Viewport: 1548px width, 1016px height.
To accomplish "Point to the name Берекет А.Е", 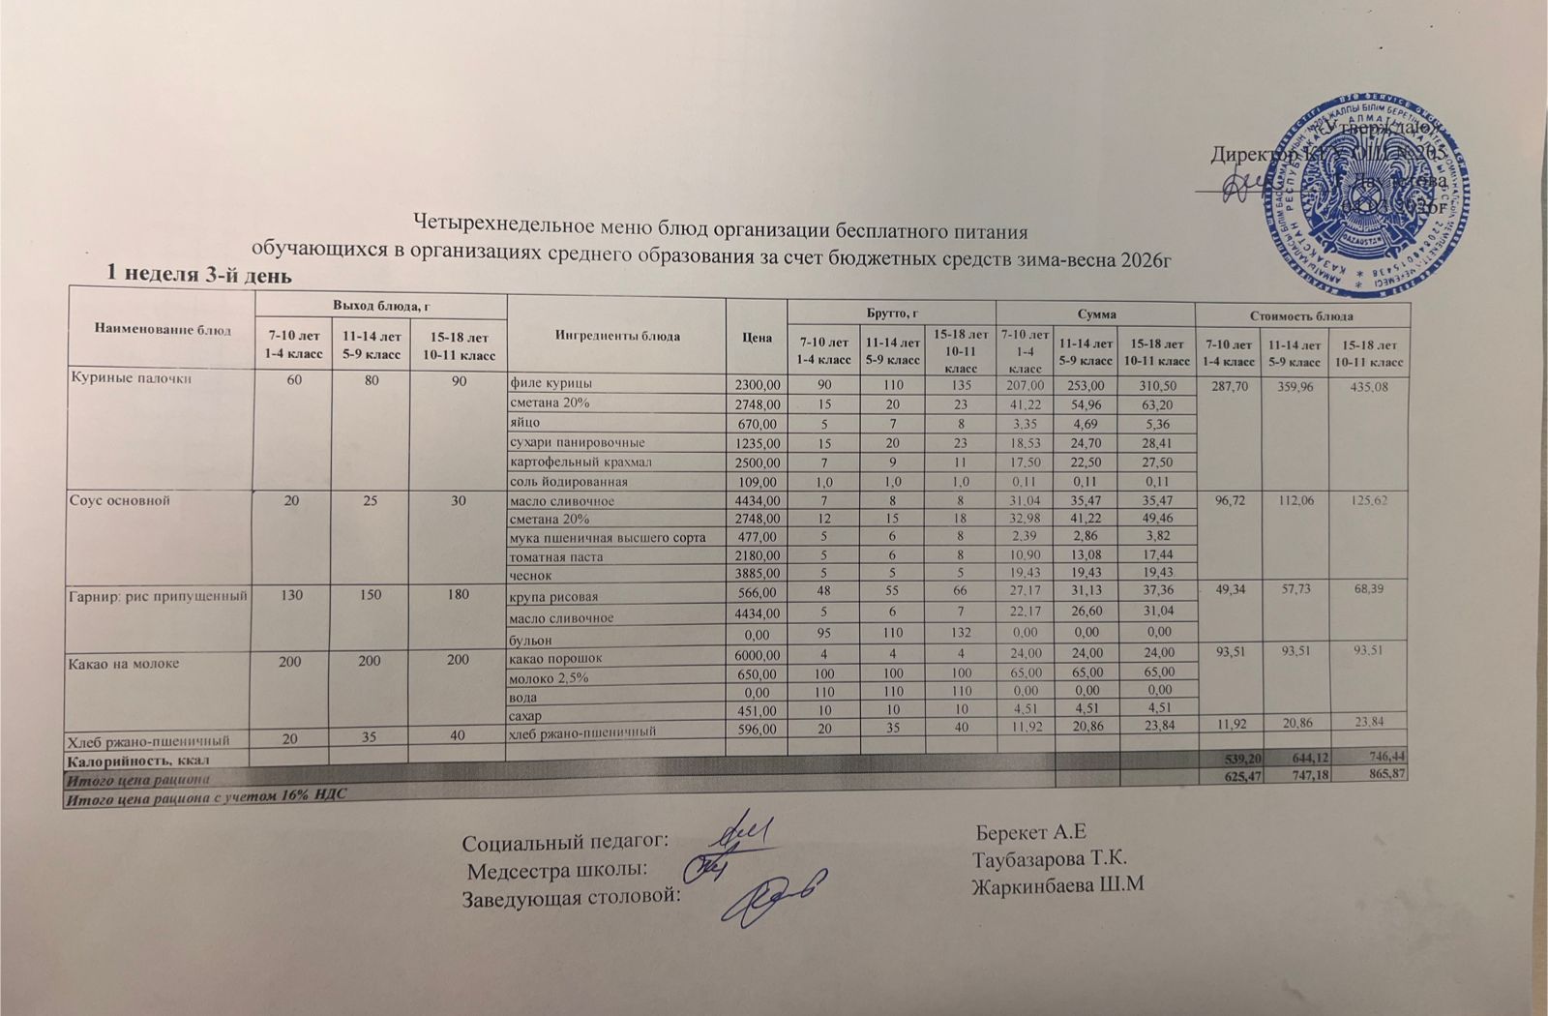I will [1031, 833].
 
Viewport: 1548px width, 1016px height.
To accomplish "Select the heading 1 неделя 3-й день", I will [197, 275].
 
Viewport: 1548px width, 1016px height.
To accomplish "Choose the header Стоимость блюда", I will [1301, 315].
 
